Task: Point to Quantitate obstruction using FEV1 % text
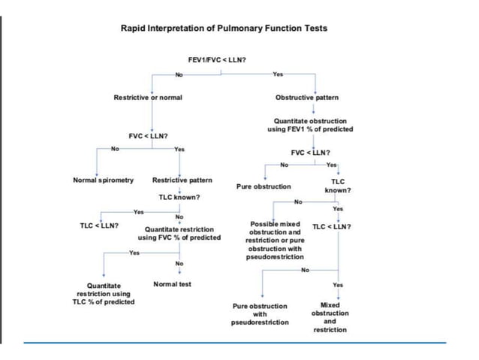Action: [x=310, y=125]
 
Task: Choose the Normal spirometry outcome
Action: [x=103, y=180]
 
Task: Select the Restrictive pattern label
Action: [x=182, y=180]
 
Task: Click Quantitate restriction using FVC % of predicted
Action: [x=179, y=233]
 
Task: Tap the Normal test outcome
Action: [x=172, y=284]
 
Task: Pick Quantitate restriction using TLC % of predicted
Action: [x=105, y=294]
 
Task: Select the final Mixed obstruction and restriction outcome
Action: [x=330, y=317]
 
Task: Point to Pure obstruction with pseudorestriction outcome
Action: [x=260, y=314]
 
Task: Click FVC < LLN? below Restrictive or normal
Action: [x=148, y=136]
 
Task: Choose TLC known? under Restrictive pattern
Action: [x=179, y=197]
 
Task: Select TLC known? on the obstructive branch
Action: [x=337, y=186]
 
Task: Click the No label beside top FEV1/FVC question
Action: [x=178, y=74]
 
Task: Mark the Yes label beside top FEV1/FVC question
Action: [x=278, y=74]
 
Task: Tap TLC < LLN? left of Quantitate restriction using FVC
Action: [x=98, y=225]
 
